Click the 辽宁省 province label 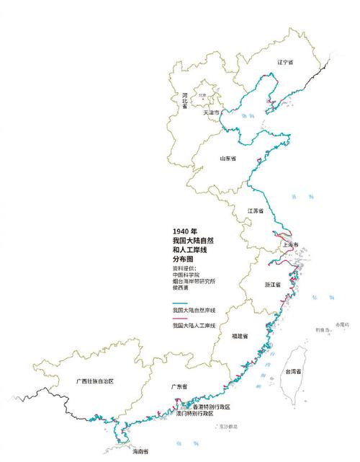[x=286, y=63]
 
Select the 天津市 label [x=212, y=113]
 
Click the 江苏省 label [x=256, y=210]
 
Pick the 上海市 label [x=292, y=244]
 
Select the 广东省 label [x=179, y=387]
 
